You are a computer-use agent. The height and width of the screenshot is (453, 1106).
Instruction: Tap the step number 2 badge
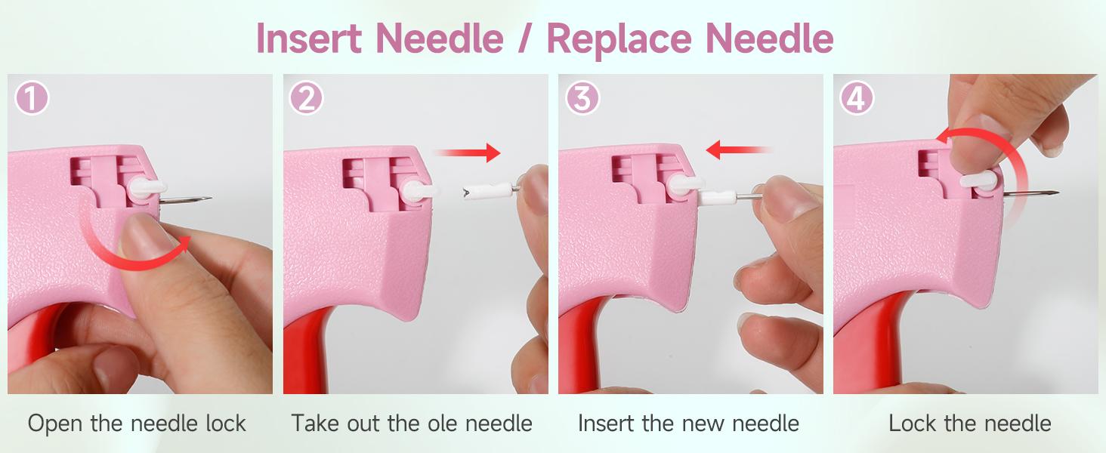pyautogui.click(x=307, y=99)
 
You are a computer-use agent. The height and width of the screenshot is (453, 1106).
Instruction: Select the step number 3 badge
pyautogui.click(x=582, y=99)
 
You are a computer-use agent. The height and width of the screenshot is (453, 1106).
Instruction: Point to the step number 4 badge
pyautogui.click(x=857, y=99)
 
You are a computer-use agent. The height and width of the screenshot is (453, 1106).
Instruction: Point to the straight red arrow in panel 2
pyautogui.click(x=468, y=153)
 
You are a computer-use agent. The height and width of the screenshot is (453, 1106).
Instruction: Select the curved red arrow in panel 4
pyautogui.click(x=1005, y=159)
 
